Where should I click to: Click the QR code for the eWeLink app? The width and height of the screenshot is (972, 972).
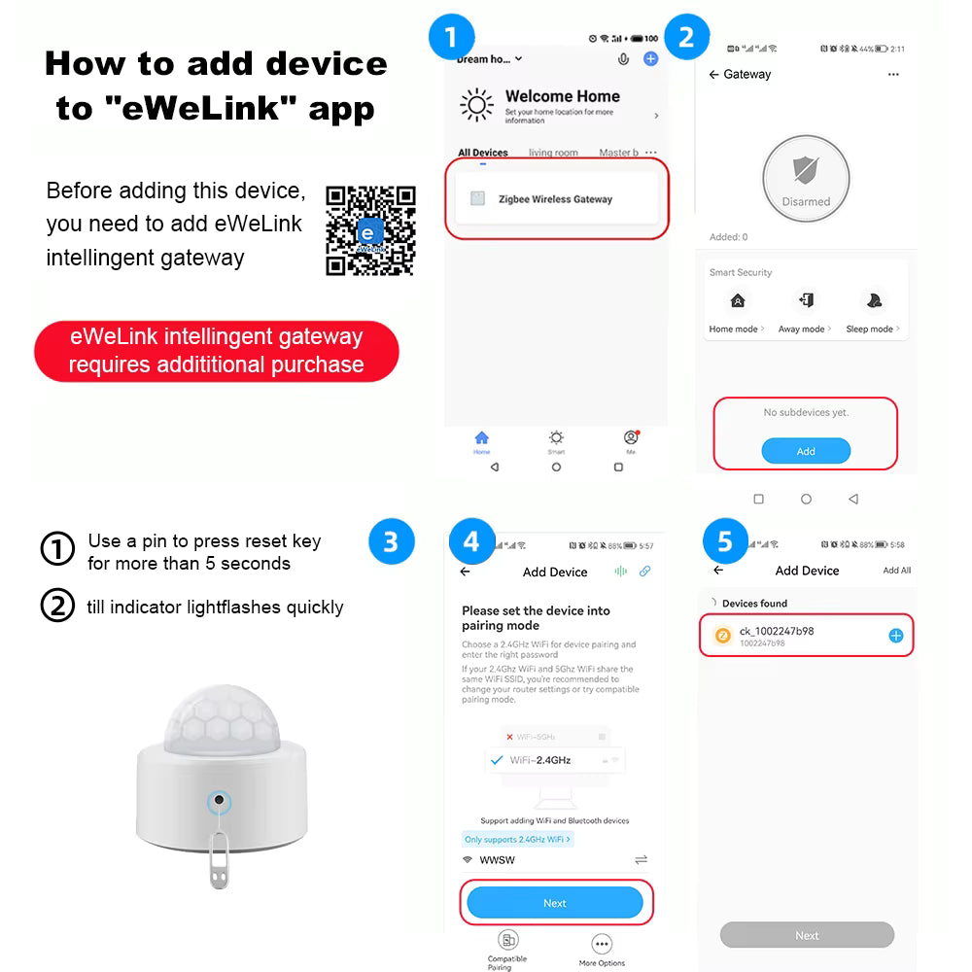[370, 230]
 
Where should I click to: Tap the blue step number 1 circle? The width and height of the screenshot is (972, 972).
[450, 38]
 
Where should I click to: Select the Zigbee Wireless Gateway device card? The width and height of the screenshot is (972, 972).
[556, 199]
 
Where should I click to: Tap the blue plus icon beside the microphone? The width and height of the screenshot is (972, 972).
[651, 59]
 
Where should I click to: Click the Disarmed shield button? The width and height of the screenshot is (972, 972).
[806, 178]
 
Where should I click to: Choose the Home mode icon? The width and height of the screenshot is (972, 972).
[738, 301]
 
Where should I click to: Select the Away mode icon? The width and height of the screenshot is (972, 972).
[805, 301]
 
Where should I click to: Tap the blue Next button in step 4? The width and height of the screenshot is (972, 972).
[554, 903]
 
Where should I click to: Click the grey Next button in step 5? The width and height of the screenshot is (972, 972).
[807, 935]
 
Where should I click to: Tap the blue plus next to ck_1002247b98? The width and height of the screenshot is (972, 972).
[896, 636]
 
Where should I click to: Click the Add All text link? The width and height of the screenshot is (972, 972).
[896, 571]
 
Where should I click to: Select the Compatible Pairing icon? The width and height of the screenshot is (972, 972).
[507, 940]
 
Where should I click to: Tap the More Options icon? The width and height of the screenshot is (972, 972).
[602, 944]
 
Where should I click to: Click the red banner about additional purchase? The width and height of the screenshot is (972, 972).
[216, 351]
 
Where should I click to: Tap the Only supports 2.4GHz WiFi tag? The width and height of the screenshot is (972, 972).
[516, 839]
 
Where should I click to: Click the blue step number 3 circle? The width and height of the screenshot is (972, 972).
[391, 540]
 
